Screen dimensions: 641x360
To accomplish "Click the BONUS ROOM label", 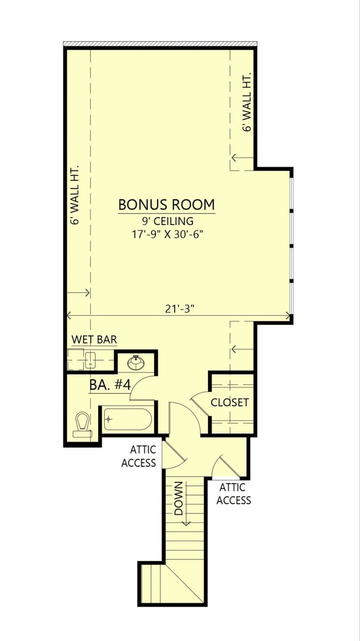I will pyautogui.click(x=166, y=205).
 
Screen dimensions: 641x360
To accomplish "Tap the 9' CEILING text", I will pyautogui.click(x=166, y=221).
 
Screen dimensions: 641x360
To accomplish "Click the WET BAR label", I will pyautogui.click(x=94, y=340).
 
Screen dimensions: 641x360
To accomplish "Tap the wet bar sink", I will pyautogui.click(x=91, y=360).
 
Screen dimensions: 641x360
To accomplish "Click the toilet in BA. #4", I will pyautogui.click(x=83, y=424).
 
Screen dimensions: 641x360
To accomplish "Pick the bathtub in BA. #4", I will pyautogui.click(x=127, y=419).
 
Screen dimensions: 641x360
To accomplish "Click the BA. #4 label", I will pyautogui.click(x=110, y=385).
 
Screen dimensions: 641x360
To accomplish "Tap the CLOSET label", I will pyautogui.click(x=229, y=402).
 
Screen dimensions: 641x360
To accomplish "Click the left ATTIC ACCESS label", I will pyautogui.click(x=138, y=456).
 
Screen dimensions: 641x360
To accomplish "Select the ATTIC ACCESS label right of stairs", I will pyautogui.click(x=234, y=494).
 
